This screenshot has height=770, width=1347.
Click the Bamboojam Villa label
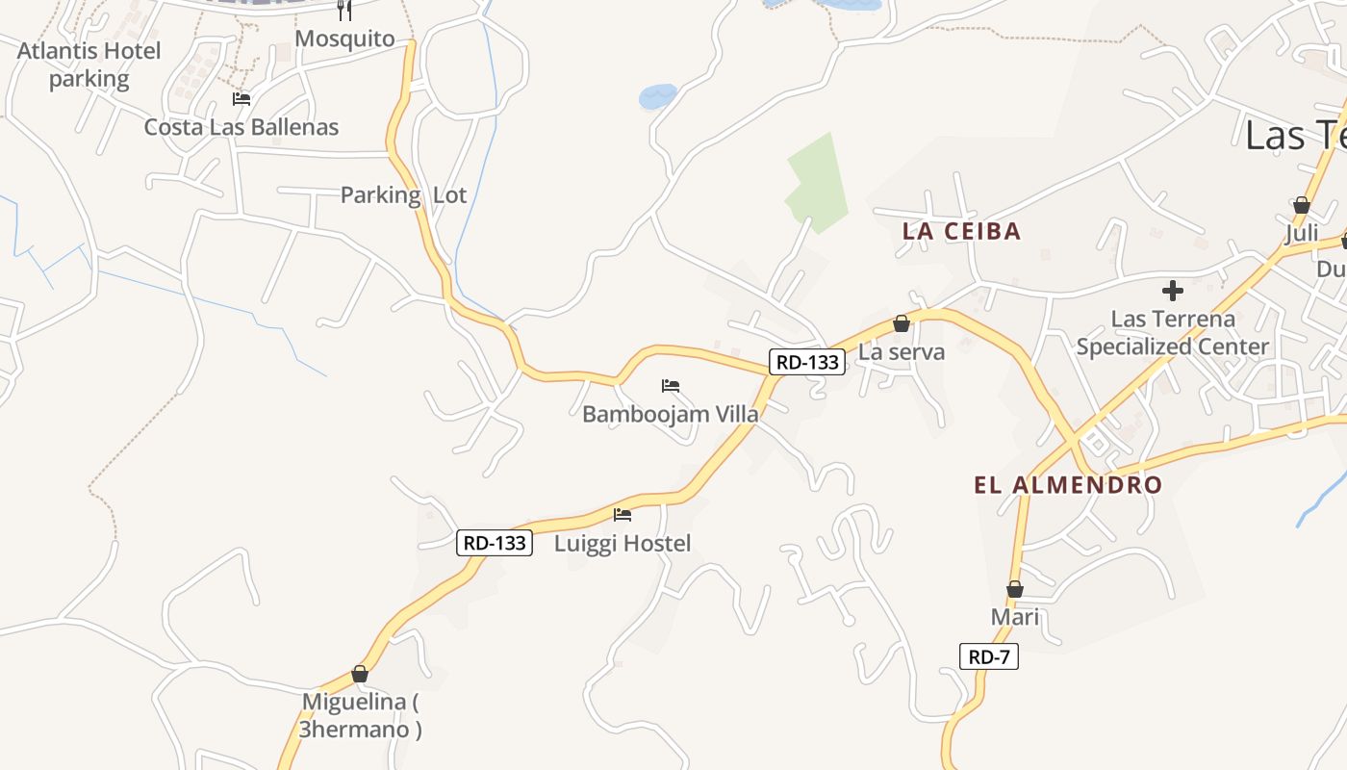[x=670, y=414]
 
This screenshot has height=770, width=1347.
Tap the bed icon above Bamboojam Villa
[x=671, y=386]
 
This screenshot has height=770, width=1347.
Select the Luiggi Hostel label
[x=623, y=543]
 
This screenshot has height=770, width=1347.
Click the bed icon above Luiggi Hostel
[x=623, y=515]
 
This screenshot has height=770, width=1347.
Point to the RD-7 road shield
[x=988, y=657]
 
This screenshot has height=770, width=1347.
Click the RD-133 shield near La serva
[x=807, y=362]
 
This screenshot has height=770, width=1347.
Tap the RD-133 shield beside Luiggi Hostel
[x=495, y=543]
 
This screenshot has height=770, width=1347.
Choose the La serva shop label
[x=902, y=351]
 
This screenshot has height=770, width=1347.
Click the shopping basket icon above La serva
[x=902, y=323]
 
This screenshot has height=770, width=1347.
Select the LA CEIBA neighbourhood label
[x=961, y=231]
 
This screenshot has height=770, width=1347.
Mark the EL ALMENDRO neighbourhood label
[x=1068, y=484]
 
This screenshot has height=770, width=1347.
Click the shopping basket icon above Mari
[x=1015, y=589]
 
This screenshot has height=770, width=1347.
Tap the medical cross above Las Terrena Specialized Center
[x=1172, y=290]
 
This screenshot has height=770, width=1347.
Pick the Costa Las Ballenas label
[x=241, y=127]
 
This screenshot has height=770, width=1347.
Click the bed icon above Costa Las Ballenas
[x=241, y=99]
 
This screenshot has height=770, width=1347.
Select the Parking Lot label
[x=403, y=195]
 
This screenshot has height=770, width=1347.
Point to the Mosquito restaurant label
[x=344, y=38]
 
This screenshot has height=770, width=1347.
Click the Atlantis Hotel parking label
[x=89, y=64]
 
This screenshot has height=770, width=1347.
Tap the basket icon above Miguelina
[x=360, y=674]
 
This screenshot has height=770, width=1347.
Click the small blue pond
[x=658, y=95]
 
